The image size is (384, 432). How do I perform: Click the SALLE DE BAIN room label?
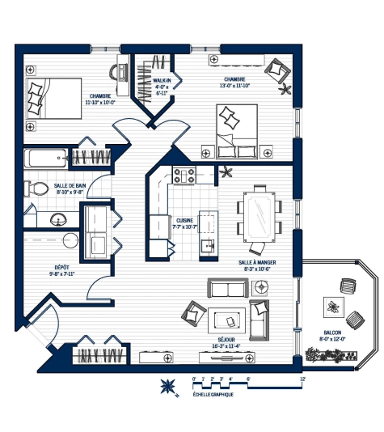point(70,188)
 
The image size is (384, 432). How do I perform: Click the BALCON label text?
point(331,336)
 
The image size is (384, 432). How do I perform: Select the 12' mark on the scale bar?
point(302,378)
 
